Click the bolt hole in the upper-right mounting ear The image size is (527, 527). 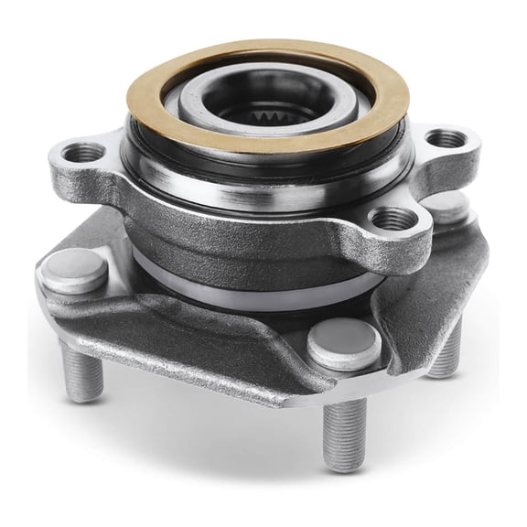pos(447,139)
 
